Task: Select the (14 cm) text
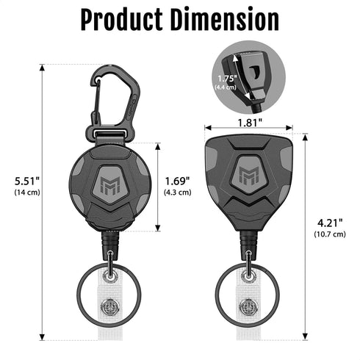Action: coord(29,192)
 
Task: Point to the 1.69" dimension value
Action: coord(178,180)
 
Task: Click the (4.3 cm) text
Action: coord(178,192)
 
